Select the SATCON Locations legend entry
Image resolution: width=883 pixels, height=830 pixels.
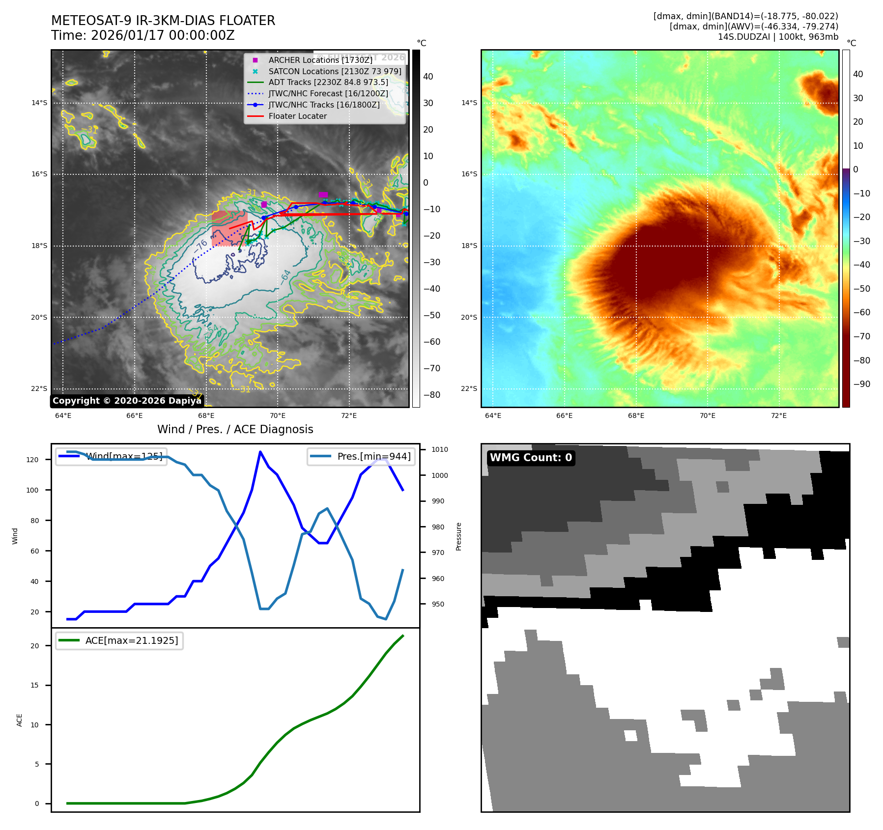tap(334, 71)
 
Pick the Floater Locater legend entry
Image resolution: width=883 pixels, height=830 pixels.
tap(297, 116)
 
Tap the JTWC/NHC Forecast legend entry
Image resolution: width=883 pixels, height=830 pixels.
tap(328, 93)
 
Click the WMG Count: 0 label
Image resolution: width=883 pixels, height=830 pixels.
tap(531, 458)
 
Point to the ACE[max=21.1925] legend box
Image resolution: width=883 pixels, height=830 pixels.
tap(119, 640)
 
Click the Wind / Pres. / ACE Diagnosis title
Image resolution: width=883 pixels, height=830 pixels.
tap(235, 429)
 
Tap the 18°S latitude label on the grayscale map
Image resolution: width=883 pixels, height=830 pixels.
tap(39, 246)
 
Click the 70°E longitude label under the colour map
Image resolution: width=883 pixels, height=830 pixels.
tap(707, 415)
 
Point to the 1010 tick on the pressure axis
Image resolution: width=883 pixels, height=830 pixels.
tap(440, 449)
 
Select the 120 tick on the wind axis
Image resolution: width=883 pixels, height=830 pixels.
tap(32, 460)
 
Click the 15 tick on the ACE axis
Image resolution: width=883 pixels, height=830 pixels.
tap(34, 685)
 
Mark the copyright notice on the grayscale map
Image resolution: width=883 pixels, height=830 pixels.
tap(127, 401)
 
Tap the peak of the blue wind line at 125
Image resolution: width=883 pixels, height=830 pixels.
tap(260, 452)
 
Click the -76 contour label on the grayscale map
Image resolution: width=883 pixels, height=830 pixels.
tap(200, 247)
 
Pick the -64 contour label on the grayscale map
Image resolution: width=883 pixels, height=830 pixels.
tap(285, 277)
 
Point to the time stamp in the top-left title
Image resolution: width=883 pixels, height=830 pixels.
tap(142, 35)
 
